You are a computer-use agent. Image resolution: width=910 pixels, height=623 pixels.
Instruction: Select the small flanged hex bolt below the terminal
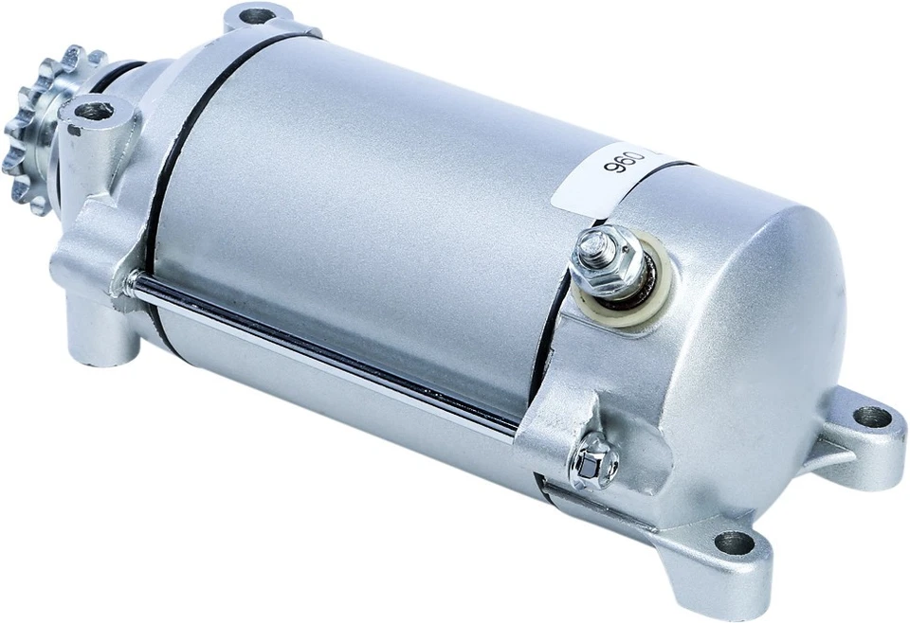pos(592,463)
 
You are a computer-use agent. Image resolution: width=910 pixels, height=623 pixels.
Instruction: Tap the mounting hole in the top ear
pos(256,16)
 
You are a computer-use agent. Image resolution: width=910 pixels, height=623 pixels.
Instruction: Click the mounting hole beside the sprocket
pos(93,111)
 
